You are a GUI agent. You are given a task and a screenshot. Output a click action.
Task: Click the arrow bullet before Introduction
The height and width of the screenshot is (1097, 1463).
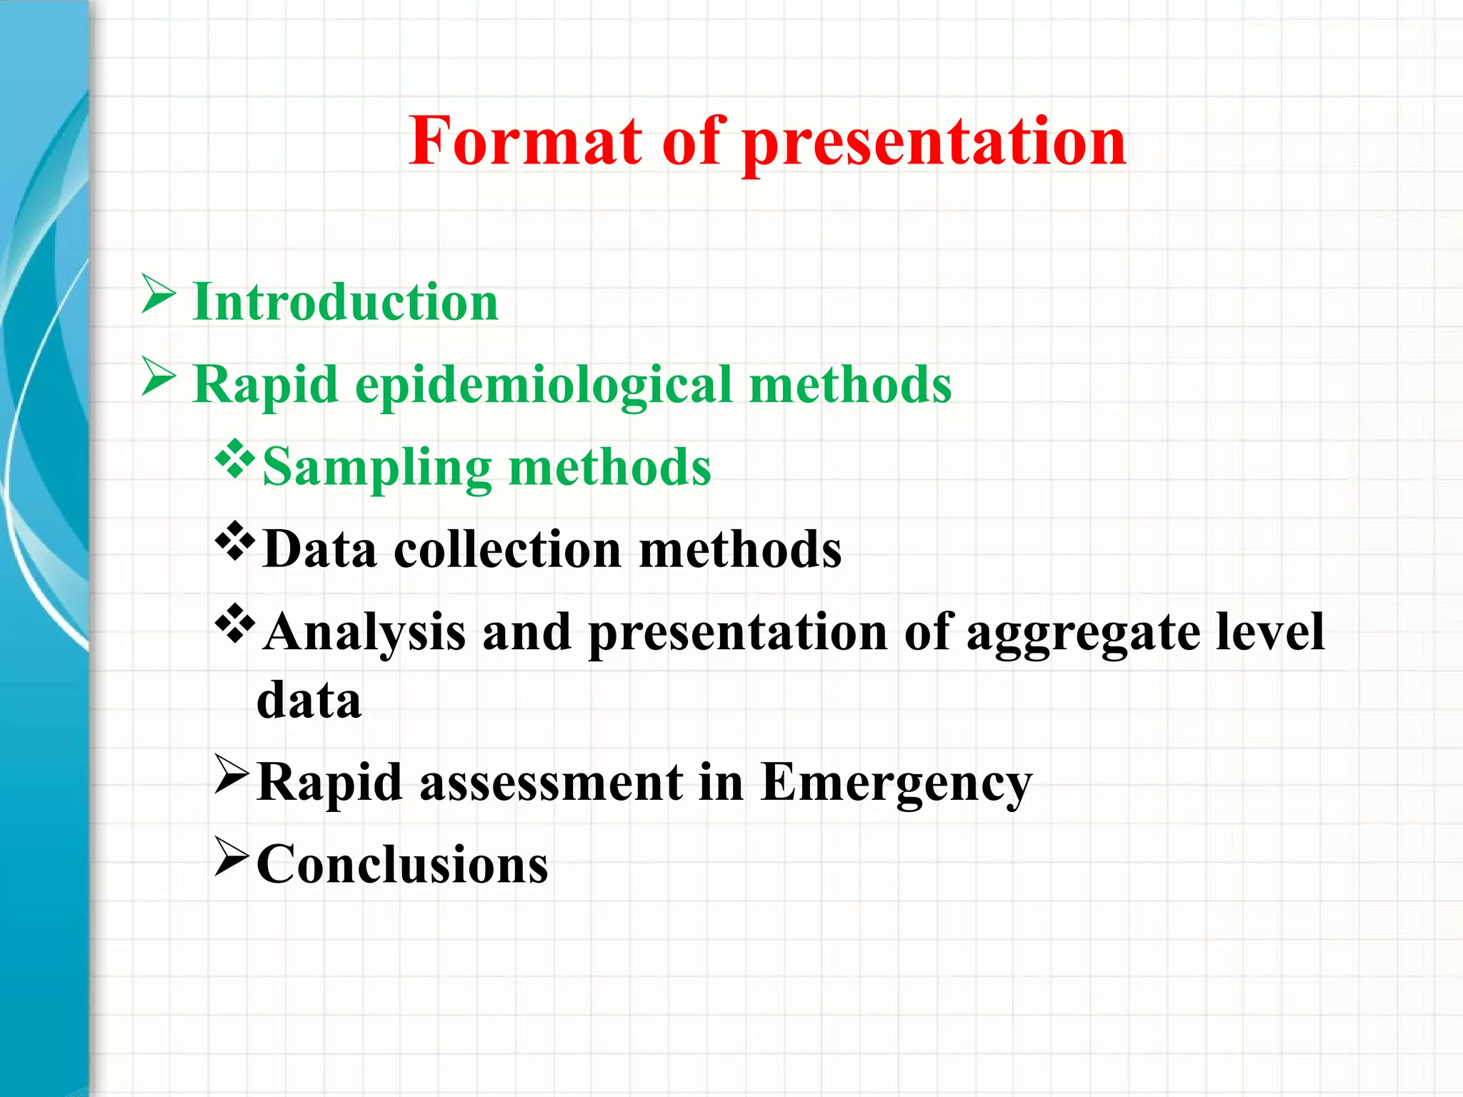159,294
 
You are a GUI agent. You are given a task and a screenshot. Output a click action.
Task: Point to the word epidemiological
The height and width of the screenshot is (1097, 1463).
544,386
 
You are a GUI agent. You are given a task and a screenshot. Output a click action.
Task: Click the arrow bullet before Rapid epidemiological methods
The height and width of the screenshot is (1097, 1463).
159,376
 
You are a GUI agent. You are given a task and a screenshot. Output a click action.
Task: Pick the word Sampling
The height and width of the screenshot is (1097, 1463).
377,469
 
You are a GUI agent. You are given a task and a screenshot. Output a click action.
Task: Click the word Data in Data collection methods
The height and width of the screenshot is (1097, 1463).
319,549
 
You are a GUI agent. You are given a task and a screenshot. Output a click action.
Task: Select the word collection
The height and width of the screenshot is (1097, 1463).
507,549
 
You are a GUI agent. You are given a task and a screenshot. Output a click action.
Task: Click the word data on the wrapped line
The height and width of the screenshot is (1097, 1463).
309,699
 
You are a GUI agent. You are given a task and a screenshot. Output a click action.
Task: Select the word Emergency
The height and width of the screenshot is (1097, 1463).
897,783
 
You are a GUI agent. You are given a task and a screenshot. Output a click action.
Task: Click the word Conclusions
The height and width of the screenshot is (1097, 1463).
402,864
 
